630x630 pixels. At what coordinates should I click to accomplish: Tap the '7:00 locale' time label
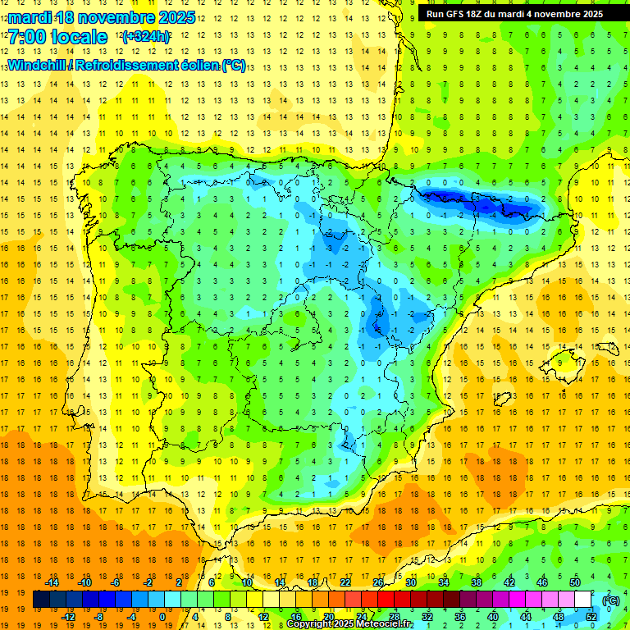pyautogui.click(x=57, y=37)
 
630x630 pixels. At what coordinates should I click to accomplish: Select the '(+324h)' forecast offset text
pyautogui.click(x=145, y=37)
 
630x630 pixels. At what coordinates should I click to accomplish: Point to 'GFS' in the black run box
pyautogui.click(x=457, y=13)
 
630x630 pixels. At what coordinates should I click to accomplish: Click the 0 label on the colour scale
pyautogui.click(x=162, y=617)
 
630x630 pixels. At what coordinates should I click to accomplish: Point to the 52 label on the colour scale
pyautogui.click(x=591, y=617)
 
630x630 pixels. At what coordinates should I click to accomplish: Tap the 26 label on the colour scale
pyautogui.click(x=378, y=582)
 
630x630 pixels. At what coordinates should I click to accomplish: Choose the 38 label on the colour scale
pyautogui.click(x=476, y=582)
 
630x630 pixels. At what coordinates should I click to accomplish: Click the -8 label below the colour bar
pyautogui.click(x=98, y=617)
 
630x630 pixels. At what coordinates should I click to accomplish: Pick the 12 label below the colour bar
pyautogui.click(x=263, y=617)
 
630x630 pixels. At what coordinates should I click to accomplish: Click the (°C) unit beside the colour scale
pyautogui.click(x=610, y=600)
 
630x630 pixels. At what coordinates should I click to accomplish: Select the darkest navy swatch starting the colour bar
pyautogui.click(x=41, y=600)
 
